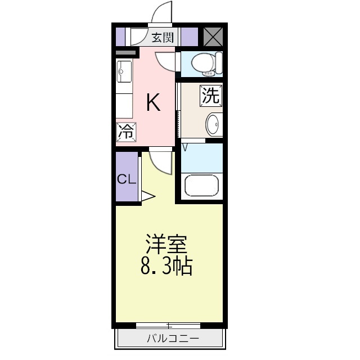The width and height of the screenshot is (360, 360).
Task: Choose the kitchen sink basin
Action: click(x=124, y=72)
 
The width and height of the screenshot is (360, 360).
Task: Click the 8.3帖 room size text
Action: click(x=166, y=265)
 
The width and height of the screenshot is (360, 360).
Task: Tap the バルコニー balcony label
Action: click(x=173, y=339)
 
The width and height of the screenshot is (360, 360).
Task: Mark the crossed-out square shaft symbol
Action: click(x=213, y=36)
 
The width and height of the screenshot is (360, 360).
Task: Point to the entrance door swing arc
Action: click(x=161, y=12)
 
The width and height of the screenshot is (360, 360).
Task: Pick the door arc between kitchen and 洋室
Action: click(x=161, y=163)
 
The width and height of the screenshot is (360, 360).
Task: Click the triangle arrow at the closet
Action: click(x=148, y=196)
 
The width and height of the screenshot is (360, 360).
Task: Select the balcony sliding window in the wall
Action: click(x=168, y=326)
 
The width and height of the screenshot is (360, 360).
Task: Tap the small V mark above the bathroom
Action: click(x=185, y=147)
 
